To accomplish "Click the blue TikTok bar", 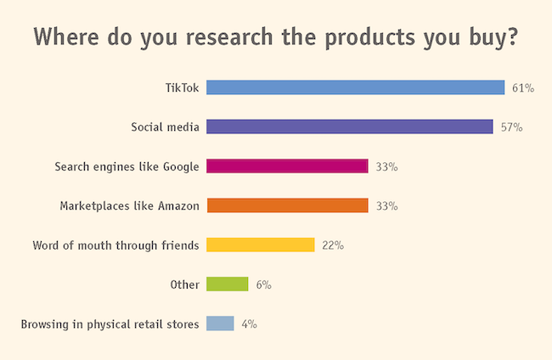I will pos(356,87).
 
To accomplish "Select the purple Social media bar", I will pos(349,127).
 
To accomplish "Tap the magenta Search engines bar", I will pos(287,166).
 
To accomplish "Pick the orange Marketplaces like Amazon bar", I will pos(287,205).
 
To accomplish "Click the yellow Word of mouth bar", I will pos(260,245).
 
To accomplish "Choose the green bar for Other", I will pos(227,284).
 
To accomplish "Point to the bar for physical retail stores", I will pos(220,323).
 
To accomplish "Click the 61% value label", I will pos(522,88).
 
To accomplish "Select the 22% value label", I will pos(332,245).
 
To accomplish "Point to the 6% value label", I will pos(263,285).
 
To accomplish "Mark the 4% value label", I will pos(249,324).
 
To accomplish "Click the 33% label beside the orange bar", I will pos(386,206).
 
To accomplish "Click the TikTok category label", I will pos(182,87).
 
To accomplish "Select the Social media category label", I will pos(165,127).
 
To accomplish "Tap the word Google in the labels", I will pos(179,166).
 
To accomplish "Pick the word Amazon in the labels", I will pos(177,205).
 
